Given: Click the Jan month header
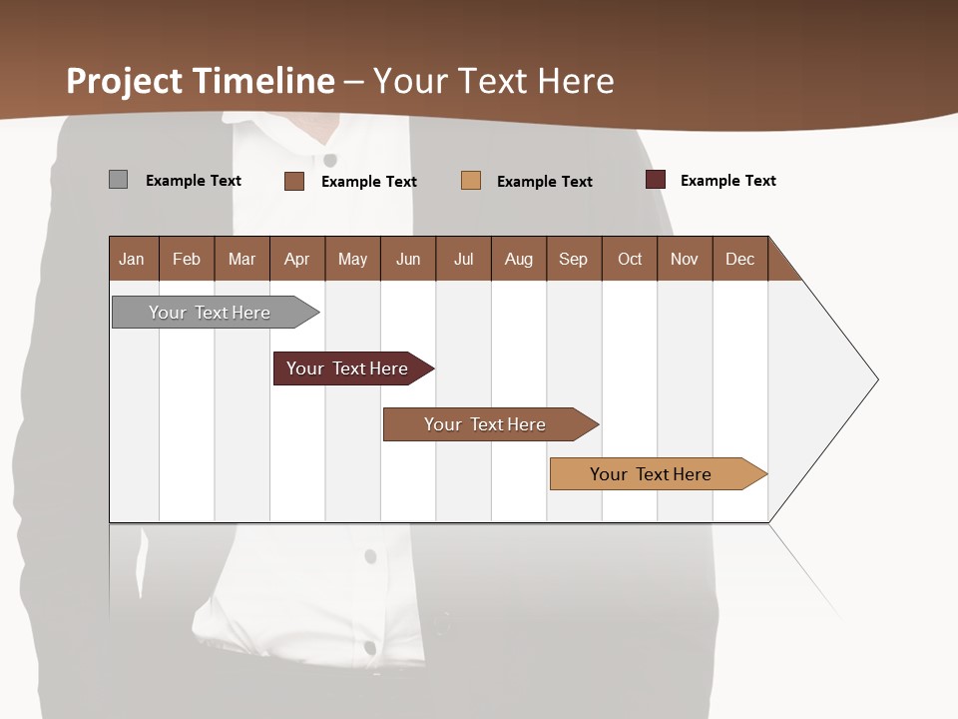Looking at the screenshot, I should [x=132, y=259].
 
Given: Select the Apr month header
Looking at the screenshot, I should [x=296, y=259].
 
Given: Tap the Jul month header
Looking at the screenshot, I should [x=463, y=259].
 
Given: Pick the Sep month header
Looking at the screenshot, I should [x=573, y=259].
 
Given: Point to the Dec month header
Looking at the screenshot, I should [x=739, y=259].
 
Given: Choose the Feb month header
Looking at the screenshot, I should [x=187, y=259].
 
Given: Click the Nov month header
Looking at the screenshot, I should [x=684, y=259].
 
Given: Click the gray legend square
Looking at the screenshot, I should [x=118, y=180].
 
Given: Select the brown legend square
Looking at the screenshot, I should [x=293, y=181].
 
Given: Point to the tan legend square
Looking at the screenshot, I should [x=471, y=181].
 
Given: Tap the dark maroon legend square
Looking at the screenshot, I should [x=656, y=180].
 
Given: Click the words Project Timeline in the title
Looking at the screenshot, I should [x=201, y=81].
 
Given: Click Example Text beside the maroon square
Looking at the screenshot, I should [x=727, y=181].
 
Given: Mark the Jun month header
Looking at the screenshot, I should [x=408, y=259].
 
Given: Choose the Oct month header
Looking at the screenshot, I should [x=630, y=259].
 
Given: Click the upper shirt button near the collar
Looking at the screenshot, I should [x=330, y=160].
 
